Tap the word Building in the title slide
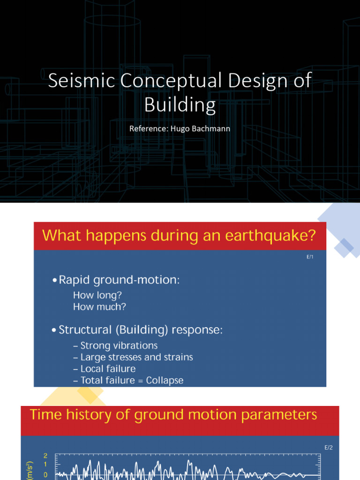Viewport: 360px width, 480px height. click(x=180, y=105)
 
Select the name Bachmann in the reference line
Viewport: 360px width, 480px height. click(x=213, y=128)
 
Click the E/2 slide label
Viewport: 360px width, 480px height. click(x=329, y=448)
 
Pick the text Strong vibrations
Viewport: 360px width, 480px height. click(x=119, y=345)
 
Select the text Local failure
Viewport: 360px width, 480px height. click(x=108, y=369)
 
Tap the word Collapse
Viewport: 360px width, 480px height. click(x=165, y=381)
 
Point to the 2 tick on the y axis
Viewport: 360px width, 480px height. click(x=45, y=456)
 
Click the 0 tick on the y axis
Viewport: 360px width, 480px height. click(x=45, y=475)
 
